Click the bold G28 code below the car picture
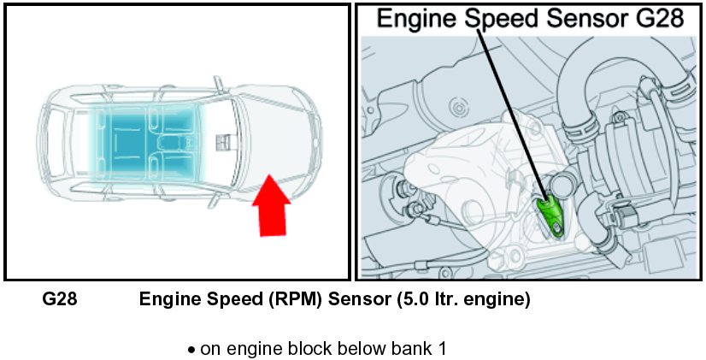(60, 300)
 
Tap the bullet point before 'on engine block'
(191, 350)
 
